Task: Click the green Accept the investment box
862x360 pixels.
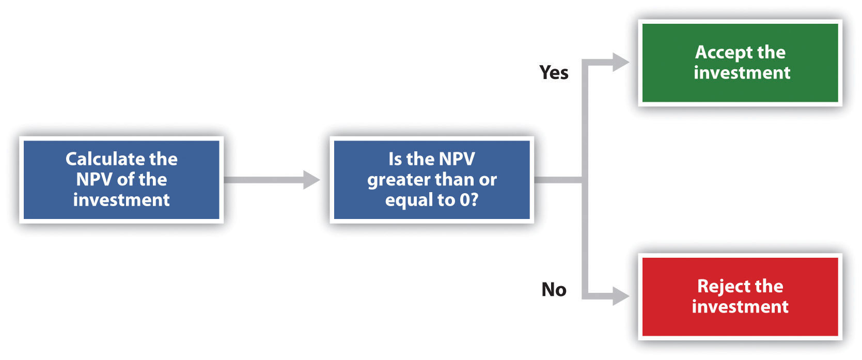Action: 740,63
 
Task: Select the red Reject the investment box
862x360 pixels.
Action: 740,296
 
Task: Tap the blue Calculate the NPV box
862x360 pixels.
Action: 121,180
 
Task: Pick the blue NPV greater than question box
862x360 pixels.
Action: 431,180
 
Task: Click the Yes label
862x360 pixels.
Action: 554,73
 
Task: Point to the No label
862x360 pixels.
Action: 554,290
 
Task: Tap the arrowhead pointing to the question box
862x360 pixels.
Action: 311,180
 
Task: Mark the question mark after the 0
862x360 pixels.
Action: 474,200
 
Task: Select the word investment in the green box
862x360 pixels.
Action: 742,73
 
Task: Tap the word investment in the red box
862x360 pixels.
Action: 740,307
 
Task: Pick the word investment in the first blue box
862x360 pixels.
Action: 121,200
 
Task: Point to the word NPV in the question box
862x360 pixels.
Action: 453,159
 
